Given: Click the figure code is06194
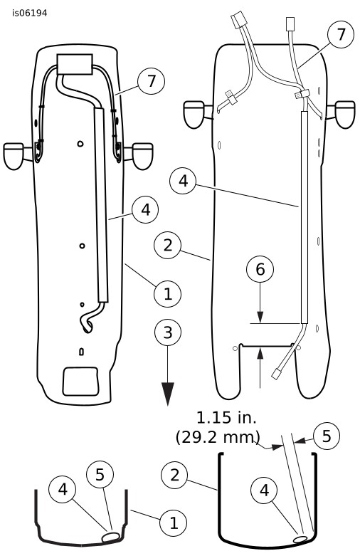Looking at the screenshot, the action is (29, 13).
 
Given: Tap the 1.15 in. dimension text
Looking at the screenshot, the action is (226, 418).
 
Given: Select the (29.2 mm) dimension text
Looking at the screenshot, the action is (218, 437).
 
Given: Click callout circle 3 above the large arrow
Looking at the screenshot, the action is (168, 332).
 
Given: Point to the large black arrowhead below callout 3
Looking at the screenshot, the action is (168, 394).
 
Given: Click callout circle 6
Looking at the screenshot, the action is (260, 269).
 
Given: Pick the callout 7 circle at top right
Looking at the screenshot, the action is (341, 34).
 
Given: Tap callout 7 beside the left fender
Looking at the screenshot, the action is (152, 81).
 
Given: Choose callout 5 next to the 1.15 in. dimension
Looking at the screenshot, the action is (327, 436).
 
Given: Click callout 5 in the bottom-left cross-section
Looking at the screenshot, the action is (100, 474).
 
